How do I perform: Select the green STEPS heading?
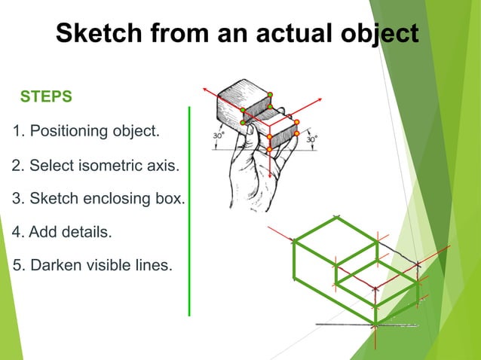[46, 97]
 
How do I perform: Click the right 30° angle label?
[311, 139]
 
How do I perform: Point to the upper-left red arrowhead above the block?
[204, 89]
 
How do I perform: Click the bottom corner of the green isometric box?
[375, 325]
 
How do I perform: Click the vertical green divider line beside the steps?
[189, 211]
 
